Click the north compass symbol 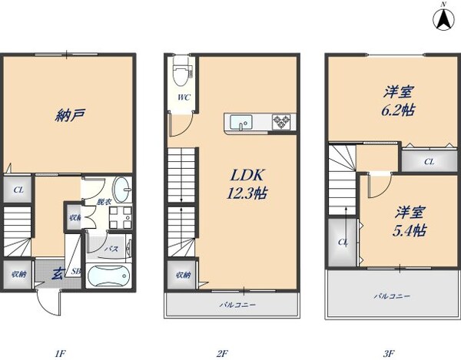pos(443,18)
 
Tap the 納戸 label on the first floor pos(70,116)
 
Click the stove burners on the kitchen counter pos(281,121)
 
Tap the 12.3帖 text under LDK pos(245,194)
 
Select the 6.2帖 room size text pos(400,111)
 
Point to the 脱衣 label pos(102,202)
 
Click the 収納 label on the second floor pos(181,275)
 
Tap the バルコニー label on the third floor pos(392,296)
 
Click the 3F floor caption pos(389,353)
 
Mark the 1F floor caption pos(60,353)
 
